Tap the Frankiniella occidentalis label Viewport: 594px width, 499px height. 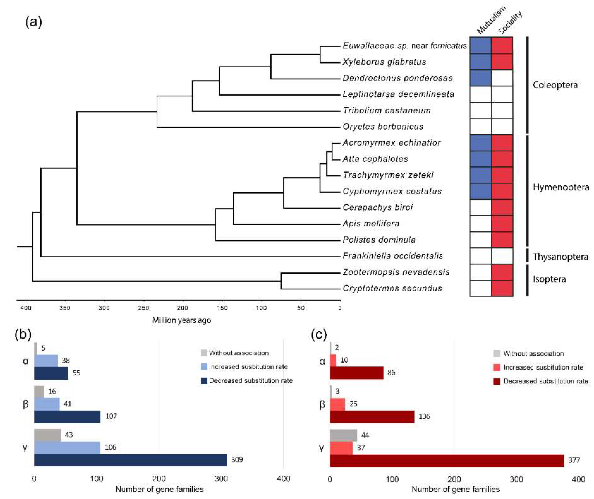pos(393,256)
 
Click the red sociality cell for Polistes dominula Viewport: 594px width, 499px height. pos(502,240)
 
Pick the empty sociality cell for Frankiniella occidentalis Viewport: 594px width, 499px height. pos(502,256)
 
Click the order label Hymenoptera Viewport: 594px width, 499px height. pos(561,187)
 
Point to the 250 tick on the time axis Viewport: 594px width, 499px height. pos(143,308)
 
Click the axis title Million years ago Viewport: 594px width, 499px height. pos(182,320)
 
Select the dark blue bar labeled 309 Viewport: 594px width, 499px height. pos(130,460)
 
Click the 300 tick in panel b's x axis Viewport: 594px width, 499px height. pos(221,479)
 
